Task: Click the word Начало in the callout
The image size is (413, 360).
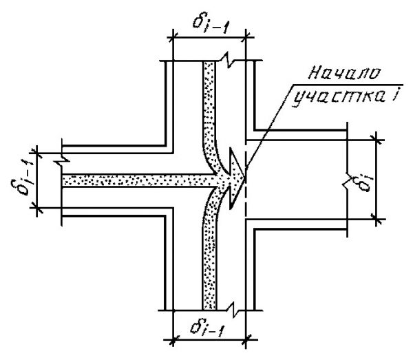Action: pos(344,73)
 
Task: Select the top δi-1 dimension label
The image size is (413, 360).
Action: pos(211,23)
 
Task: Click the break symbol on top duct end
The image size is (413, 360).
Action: pos(229,61)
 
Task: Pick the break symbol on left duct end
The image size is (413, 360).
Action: pos(63,159)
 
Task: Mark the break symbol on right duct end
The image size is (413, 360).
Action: pos(347,180)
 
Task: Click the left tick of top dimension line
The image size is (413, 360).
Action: pos(173,38)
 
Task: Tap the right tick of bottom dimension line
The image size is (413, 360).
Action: pos(246,340)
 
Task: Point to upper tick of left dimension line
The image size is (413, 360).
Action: pos(37,153)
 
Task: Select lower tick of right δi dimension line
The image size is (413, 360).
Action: pos(377,219)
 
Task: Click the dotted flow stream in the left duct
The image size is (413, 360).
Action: pos(137,180)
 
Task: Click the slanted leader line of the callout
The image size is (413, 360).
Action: pos(269,127)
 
